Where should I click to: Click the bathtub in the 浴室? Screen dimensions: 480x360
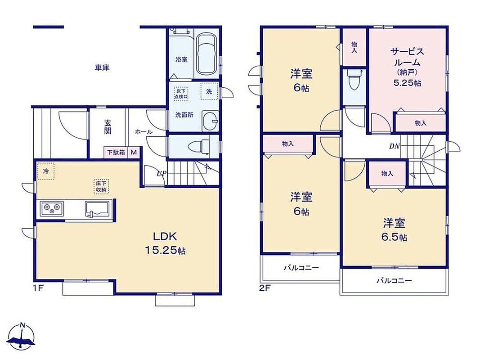pos(206,54)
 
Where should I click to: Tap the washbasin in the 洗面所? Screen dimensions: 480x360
pos(210,121)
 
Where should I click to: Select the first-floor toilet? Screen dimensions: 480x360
pos(198,147)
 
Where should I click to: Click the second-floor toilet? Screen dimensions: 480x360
pos(354,80)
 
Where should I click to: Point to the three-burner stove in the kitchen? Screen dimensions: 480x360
pos(52,209)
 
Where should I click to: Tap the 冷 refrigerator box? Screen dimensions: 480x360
pos(45,171)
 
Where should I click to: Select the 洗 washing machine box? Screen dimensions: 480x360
pos(209,91)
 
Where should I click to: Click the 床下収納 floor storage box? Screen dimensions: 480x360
pos(101,187)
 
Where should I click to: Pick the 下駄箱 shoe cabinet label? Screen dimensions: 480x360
pos(116,152)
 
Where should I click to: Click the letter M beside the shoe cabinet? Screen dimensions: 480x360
pos(134,152)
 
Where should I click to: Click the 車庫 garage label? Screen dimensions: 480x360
pos(102,67)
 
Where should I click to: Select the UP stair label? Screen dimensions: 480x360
pos(161,174)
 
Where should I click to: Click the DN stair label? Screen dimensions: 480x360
pos(394,146)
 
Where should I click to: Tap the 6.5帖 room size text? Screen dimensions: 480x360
pos(394,237)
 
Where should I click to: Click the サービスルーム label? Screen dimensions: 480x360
pos(407,57)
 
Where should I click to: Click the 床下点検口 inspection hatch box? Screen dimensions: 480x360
pos(181,94)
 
